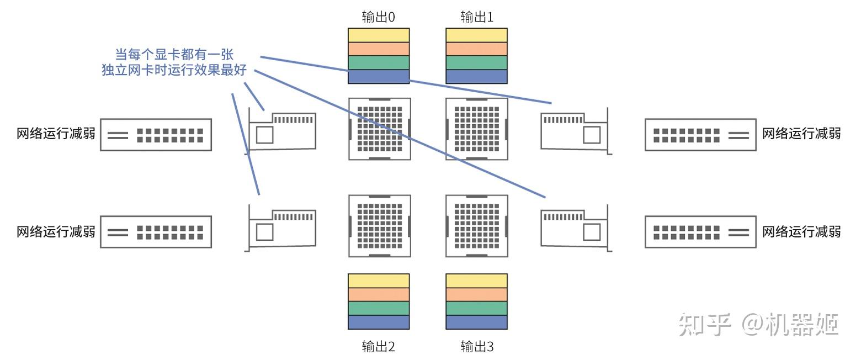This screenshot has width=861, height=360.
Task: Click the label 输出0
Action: (x=378, y=17)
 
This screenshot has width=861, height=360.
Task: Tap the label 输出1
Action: (x=477, y=17)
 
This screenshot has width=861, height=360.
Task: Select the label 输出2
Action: (x=378, y=347)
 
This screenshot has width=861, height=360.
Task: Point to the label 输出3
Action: (x=477, y=347)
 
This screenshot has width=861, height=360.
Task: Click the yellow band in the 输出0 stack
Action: (x=379, y=35)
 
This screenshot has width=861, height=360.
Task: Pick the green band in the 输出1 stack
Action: (x=477, y=63)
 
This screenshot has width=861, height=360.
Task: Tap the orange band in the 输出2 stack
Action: (x=379, y=295)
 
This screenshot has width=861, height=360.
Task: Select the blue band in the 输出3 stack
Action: (x=477, y=322)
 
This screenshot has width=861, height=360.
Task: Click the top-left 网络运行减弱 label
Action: (x=56, y=134)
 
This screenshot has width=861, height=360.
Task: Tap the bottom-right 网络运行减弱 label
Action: (x=801, y=231)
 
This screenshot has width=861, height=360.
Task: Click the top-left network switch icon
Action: (x=156, y=135)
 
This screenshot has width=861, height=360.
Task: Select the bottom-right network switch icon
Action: (x=701, y=231)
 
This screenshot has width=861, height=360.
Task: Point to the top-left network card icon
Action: (x=280, y=131)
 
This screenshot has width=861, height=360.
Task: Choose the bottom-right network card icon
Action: (x=576, y=228)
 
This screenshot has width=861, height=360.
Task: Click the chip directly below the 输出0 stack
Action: (x=380, y=129)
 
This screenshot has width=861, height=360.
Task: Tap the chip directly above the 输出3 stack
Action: (x=477, y=226)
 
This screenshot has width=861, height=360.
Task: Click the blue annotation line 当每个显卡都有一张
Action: (x=174, y=55)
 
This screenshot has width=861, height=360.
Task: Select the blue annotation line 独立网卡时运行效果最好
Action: (x=174, y=70)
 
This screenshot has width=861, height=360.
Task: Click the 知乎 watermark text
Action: (x=705, y=325)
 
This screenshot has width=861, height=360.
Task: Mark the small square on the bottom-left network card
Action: (x=264, y=232)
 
